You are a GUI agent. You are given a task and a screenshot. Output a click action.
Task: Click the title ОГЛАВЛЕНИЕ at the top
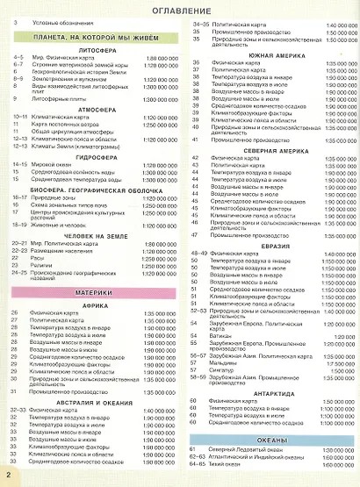tap(180, 9)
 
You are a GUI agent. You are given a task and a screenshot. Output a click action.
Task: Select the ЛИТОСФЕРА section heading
tap(98, 51)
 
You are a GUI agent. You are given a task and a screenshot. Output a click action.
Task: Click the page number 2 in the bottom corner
tap(7, 474)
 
